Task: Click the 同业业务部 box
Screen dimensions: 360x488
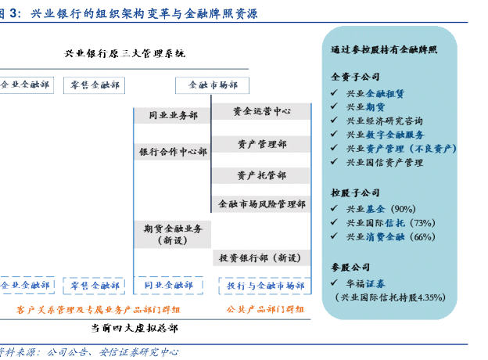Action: pyautogui.click(x=173, y=115)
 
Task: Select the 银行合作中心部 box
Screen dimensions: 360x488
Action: pyautogui.click(x=173, y=152)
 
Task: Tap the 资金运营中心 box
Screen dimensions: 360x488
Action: pyautogui.click(x=261, y=112)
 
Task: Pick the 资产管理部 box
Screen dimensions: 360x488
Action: pyautogui.click(x=261, y=144)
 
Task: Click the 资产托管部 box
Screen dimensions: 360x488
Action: pyautogui.click(x=261, y=175)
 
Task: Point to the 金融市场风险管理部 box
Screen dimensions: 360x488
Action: pyautogui.click(x=261, y=204)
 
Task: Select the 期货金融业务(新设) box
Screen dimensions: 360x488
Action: pyautogui.click(x=173, y=235)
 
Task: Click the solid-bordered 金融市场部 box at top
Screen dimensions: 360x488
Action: pyautogui.click(x=213, y=85)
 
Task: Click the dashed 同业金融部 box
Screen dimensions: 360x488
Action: pyautogui.click(x=170, y=286)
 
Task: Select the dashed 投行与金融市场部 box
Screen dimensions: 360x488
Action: pyautogui.click(x=265, y=286)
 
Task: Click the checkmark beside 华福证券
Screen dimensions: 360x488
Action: pyautogui.click(x=335, y=283)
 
